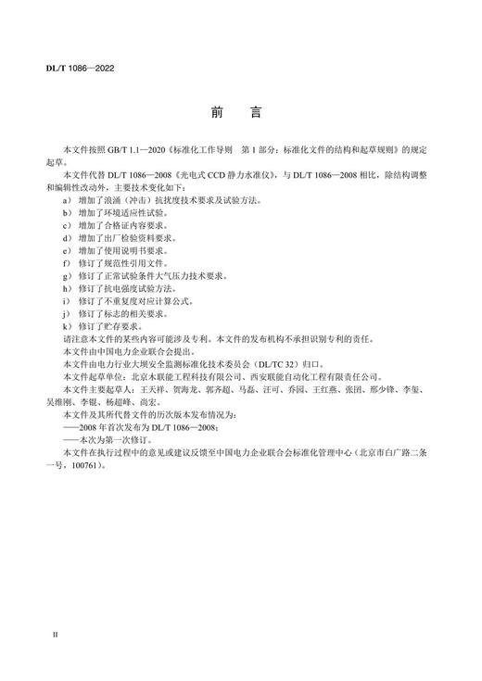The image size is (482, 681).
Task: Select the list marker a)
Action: tap(68, 200)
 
